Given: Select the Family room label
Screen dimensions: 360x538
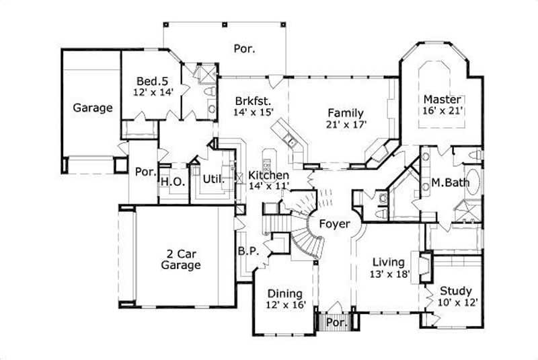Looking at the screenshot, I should pyautogui.click(x=345, y=112).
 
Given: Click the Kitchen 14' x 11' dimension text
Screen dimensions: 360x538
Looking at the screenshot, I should pyautogui.click(x=269, y=186).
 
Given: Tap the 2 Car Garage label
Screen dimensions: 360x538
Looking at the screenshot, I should pyautogui.click(x=181, y=260).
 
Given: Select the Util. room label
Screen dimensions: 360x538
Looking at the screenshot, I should pyautogui.click(x=213, y=180).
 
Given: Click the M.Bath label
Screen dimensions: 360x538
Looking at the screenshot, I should pyautogui.click(x=445, y=183).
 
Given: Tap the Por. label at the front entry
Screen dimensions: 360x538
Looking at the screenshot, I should pyautogui.click(x=334, y=323).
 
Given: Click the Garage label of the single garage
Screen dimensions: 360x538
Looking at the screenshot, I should pyautogui.click(x=93, y=108).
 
